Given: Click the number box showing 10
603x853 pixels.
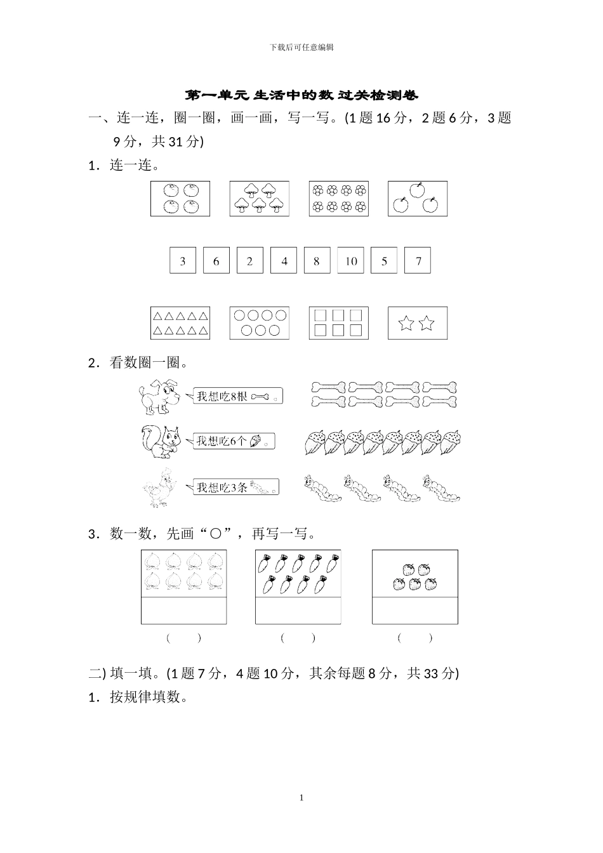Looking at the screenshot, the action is (351, 261).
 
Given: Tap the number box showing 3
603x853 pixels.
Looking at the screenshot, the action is (183, 261).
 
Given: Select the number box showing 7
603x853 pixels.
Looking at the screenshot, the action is (418, 261).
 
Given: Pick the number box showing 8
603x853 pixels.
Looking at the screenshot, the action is (317, 261).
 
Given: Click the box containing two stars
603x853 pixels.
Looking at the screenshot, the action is (417, 324).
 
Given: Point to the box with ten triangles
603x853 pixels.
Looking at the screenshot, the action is (180, 324).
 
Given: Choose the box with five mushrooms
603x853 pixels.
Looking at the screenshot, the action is (259, 198).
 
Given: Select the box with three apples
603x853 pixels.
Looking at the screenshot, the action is (417, 198).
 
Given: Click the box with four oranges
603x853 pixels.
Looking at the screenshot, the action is (180, 198).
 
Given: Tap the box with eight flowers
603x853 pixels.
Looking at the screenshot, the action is (338, 198).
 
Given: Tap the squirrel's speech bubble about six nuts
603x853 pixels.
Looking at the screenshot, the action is (234, 441).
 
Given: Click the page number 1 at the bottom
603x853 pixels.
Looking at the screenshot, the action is (301, 797).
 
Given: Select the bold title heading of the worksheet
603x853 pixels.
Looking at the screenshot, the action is (301, 96).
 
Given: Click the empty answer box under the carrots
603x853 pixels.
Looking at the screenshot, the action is (298, 610).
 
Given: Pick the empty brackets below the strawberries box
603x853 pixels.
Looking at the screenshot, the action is (414, 638).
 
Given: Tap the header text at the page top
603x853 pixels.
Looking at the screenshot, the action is (301, 48).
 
